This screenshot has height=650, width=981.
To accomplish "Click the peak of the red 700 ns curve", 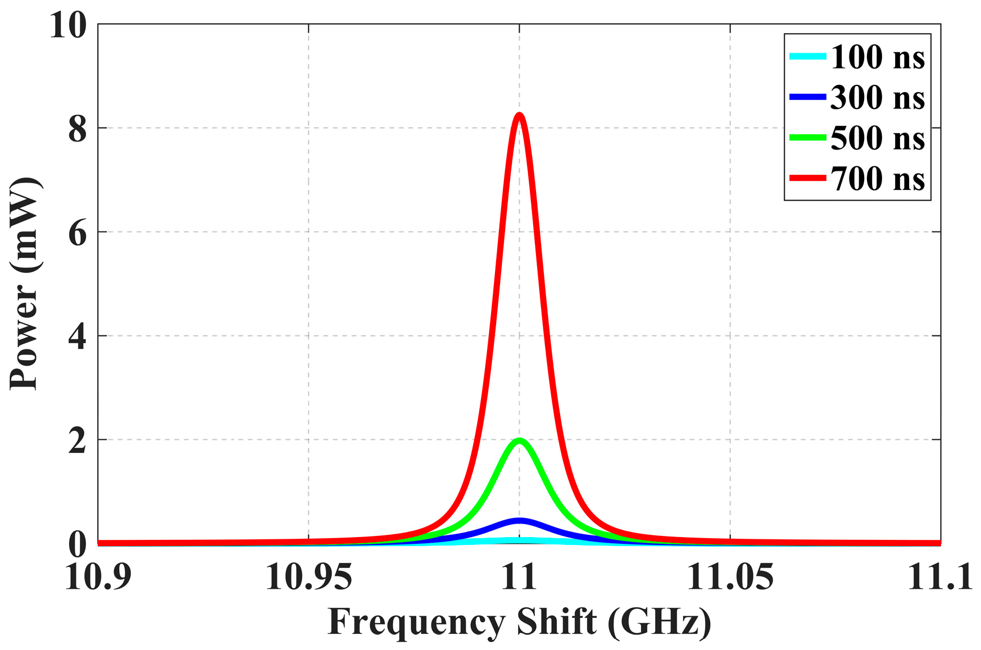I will (519, 115).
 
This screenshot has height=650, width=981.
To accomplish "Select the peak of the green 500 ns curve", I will (519, 440).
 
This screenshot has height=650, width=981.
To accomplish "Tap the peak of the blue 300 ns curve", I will (519, 521).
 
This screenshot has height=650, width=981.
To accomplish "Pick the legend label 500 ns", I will (877, 138).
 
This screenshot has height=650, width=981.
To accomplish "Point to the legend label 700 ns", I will (877, 179).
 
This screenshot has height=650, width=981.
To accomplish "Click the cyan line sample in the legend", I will (807, 56).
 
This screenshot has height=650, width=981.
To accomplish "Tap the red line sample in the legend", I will (807, 178).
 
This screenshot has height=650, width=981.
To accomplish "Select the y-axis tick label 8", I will (78, 129).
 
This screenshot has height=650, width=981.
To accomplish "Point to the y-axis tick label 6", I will (78, 233).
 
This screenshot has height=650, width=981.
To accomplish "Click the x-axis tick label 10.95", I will (308, 578).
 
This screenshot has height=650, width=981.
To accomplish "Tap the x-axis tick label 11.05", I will (730, 578).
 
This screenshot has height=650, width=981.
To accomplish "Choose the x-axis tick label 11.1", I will (939, 578).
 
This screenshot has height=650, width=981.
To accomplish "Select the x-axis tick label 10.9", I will (98, 578).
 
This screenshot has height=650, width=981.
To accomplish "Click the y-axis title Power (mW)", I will (25, 284).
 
